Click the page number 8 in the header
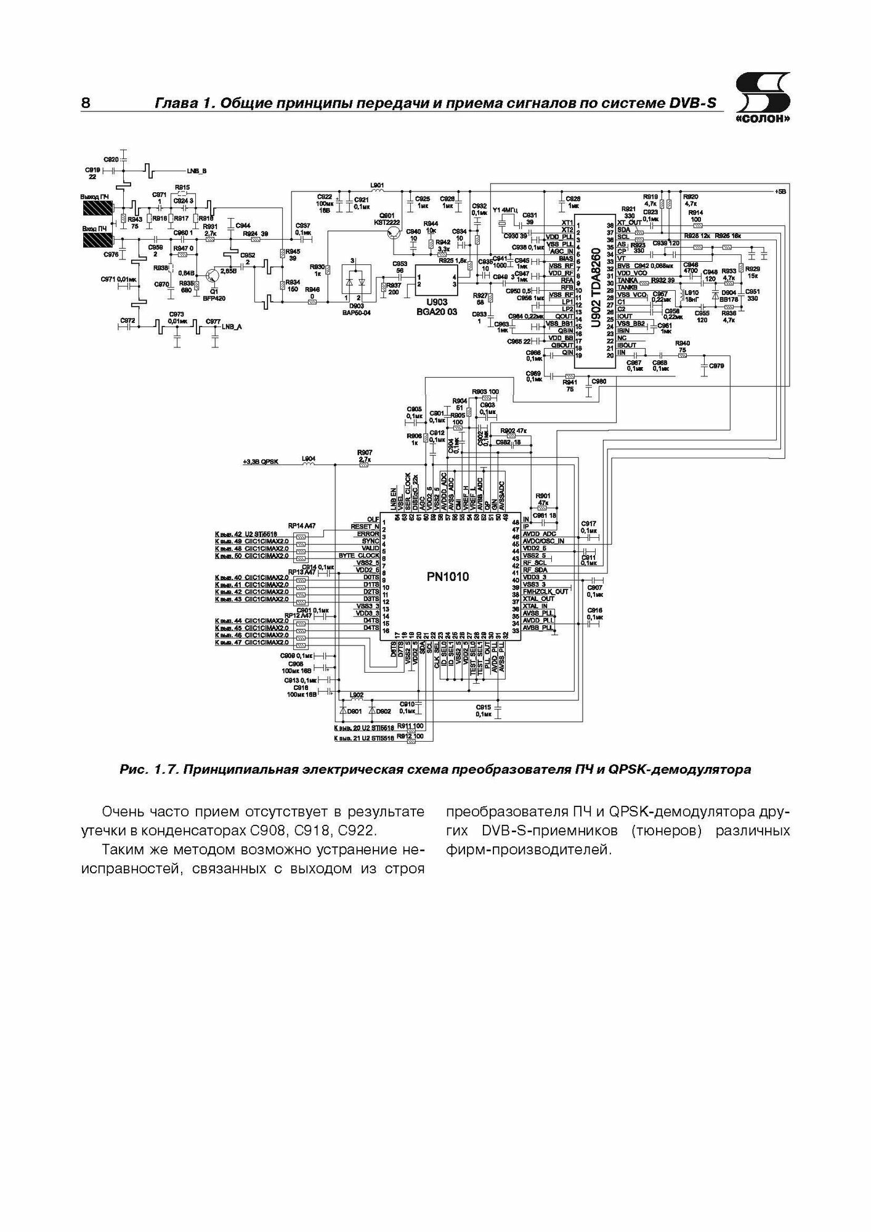click(86, 103)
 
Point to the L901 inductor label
click(377, 184)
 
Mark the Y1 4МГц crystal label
click(504, 210)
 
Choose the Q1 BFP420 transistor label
click(214, 293)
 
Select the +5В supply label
click(781, 191)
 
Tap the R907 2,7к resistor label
click(364, 456)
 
